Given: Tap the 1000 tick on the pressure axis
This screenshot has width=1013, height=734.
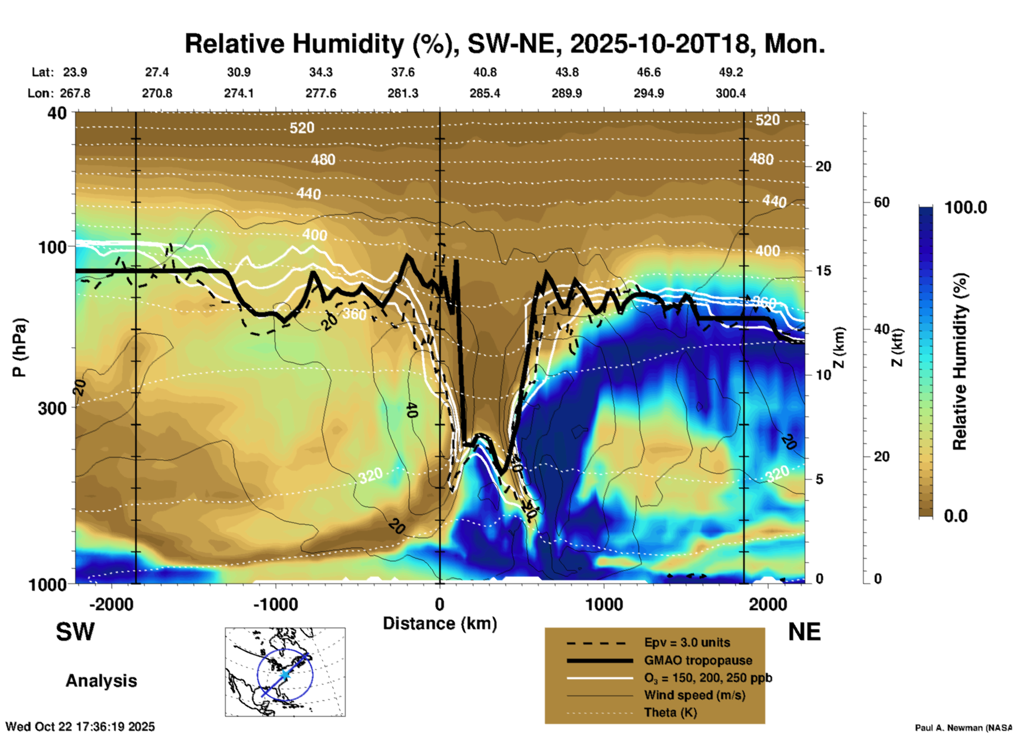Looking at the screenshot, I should pos(52,584).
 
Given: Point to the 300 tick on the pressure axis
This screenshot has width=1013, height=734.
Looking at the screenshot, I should pos(52,408).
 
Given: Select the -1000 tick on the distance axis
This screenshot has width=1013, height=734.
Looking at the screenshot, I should pos(275,604).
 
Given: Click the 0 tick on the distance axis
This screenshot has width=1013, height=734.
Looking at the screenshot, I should pos(440,604).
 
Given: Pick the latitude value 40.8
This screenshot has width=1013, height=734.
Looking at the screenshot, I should pos(484,72).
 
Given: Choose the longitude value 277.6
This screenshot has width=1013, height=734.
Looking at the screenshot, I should pos(321,93).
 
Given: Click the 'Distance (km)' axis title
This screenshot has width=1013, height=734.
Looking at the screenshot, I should pos(440,623).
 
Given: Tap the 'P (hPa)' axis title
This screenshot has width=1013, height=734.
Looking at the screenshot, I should pos(19,348).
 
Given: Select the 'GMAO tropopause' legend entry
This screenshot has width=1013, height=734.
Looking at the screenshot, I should pos(698,660).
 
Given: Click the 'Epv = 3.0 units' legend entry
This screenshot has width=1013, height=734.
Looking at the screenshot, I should pos(687,643).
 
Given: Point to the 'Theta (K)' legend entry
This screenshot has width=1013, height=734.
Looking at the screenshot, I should pos(670,712).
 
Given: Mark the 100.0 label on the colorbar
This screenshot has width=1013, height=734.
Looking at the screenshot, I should pos(966,207).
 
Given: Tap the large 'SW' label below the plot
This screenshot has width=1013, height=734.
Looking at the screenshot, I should pos(75,632).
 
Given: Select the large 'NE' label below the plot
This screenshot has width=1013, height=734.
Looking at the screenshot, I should pos(804,632).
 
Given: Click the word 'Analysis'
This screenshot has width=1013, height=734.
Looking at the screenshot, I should pos(101,681).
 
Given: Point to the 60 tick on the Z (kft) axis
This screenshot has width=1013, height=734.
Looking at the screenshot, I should pos(882,202).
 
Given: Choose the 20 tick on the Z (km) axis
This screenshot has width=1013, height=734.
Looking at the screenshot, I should pos(823,166).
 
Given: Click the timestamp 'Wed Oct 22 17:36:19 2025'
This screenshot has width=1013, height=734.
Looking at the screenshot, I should pos(80,727).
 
